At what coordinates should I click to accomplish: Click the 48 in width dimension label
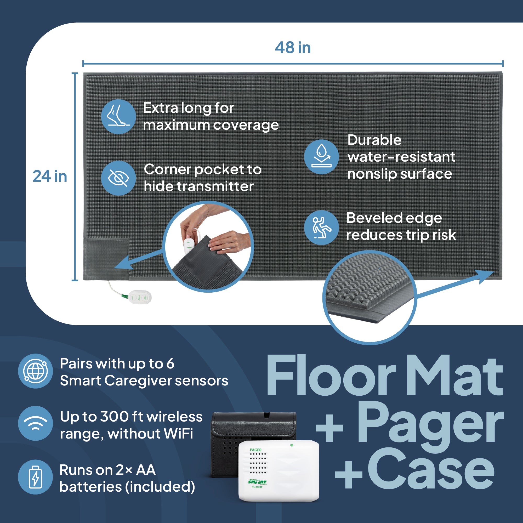point(293,48)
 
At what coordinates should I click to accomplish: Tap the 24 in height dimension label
point(50,176)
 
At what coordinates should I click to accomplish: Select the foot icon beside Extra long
point(118,116)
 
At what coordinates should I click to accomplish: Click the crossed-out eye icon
point(118,178)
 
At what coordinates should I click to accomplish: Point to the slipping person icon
point(321,228)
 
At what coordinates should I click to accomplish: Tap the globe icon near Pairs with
point(36,371)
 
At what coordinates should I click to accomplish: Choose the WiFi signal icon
point(36,423)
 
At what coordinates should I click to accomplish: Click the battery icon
point(36,477)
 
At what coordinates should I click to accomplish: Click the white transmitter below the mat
point(140,298)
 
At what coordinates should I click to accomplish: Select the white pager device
point(279,471)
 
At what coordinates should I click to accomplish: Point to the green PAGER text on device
point(255,450)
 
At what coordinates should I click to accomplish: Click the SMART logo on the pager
point(257,482)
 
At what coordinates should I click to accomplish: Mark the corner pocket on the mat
point(106,259)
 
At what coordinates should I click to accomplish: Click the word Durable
point(374,140)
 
